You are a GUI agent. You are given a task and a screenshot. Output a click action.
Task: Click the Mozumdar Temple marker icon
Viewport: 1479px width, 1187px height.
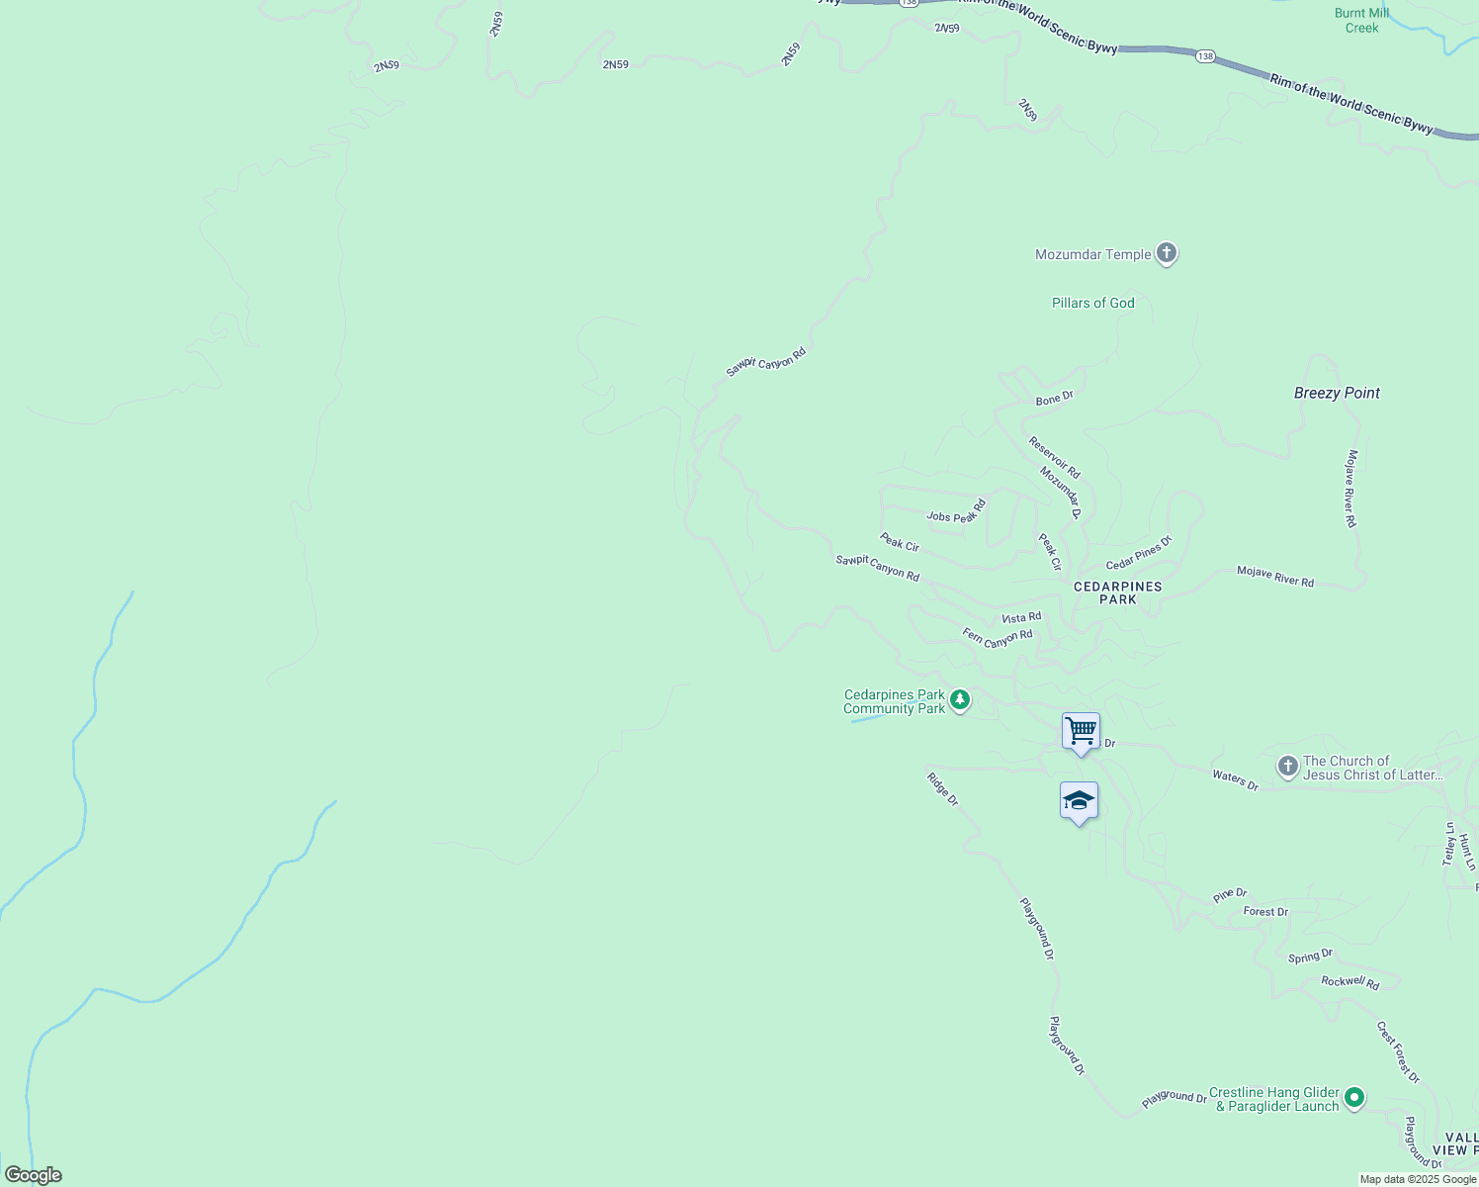1167,254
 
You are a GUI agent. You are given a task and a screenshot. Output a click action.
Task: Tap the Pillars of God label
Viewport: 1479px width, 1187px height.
1092,303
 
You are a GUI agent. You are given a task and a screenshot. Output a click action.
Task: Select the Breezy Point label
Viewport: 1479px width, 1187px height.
1337,393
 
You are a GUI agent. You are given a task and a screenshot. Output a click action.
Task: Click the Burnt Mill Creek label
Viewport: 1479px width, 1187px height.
1361,20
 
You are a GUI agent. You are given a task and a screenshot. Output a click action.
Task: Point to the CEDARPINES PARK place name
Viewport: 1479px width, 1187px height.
1118,593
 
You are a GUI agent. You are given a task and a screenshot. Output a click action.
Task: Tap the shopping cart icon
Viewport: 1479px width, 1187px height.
1081,732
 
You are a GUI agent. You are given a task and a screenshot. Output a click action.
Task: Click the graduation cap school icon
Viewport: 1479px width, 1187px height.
1079,801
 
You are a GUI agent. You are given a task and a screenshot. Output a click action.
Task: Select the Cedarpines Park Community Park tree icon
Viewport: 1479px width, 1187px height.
959,701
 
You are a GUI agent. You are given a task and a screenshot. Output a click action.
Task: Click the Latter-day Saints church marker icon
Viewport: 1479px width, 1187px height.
1287,767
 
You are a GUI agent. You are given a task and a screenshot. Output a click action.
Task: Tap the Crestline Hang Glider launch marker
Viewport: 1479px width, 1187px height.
1354,1097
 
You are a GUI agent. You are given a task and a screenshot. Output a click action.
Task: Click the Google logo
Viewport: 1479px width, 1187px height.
33,1175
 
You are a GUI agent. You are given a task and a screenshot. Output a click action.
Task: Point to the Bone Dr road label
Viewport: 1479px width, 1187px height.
1054,399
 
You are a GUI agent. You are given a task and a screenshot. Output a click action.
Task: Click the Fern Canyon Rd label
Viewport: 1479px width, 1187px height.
998,638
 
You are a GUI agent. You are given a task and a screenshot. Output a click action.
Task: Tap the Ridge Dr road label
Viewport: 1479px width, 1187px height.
942,788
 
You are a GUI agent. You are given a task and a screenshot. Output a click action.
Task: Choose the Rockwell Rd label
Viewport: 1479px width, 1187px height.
1349,982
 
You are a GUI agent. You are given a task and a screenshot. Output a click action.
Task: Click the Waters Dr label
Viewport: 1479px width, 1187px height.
1235,780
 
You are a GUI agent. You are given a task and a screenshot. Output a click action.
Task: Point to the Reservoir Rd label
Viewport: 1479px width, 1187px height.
1054,458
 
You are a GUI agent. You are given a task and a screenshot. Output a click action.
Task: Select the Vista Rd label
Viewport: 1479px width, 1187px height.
1021,618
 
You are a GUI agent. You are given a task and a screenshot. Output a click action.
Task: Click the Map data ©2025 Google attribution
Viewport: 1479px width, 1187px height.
1417,1179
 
